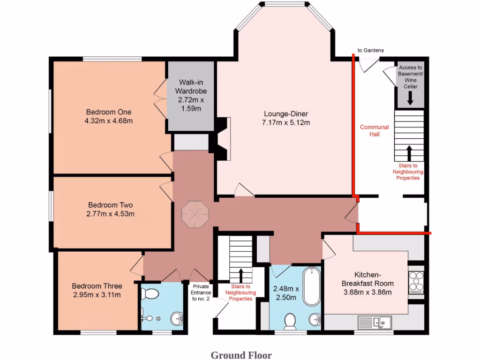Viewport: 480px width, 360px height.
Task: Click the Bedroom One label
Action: tap(109, 112)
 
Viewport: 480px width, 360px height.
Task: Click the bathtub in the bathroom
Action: tap(312, 286)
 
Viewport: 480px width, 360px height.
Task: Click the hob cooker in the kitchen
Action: tap(416, 281)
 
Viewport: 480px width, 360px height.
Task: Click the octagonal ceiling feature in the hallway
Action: tap(195, 215)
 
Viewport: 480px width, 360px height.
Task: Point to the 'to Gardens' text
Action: tap(371, 50)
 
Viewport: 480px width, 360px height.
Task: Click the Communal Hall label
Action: tap(374, 130)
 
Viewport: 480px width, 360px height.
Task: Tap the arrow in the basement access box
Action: tap(410, 97)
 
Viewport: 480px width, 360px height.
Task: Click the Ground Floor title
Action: tap(241, 355)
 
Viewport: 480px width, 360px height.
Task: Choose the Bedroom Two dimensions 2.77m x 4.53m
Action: tap(111, 214)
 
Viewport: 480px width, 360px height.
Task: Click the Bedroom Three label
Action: tap(97, 286)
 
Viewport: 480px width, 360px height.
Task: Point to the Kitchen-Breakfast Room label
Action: tap(367, 279)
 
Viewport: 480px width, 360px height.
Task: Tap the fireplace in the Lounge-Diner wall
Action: tap(223, 139)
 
